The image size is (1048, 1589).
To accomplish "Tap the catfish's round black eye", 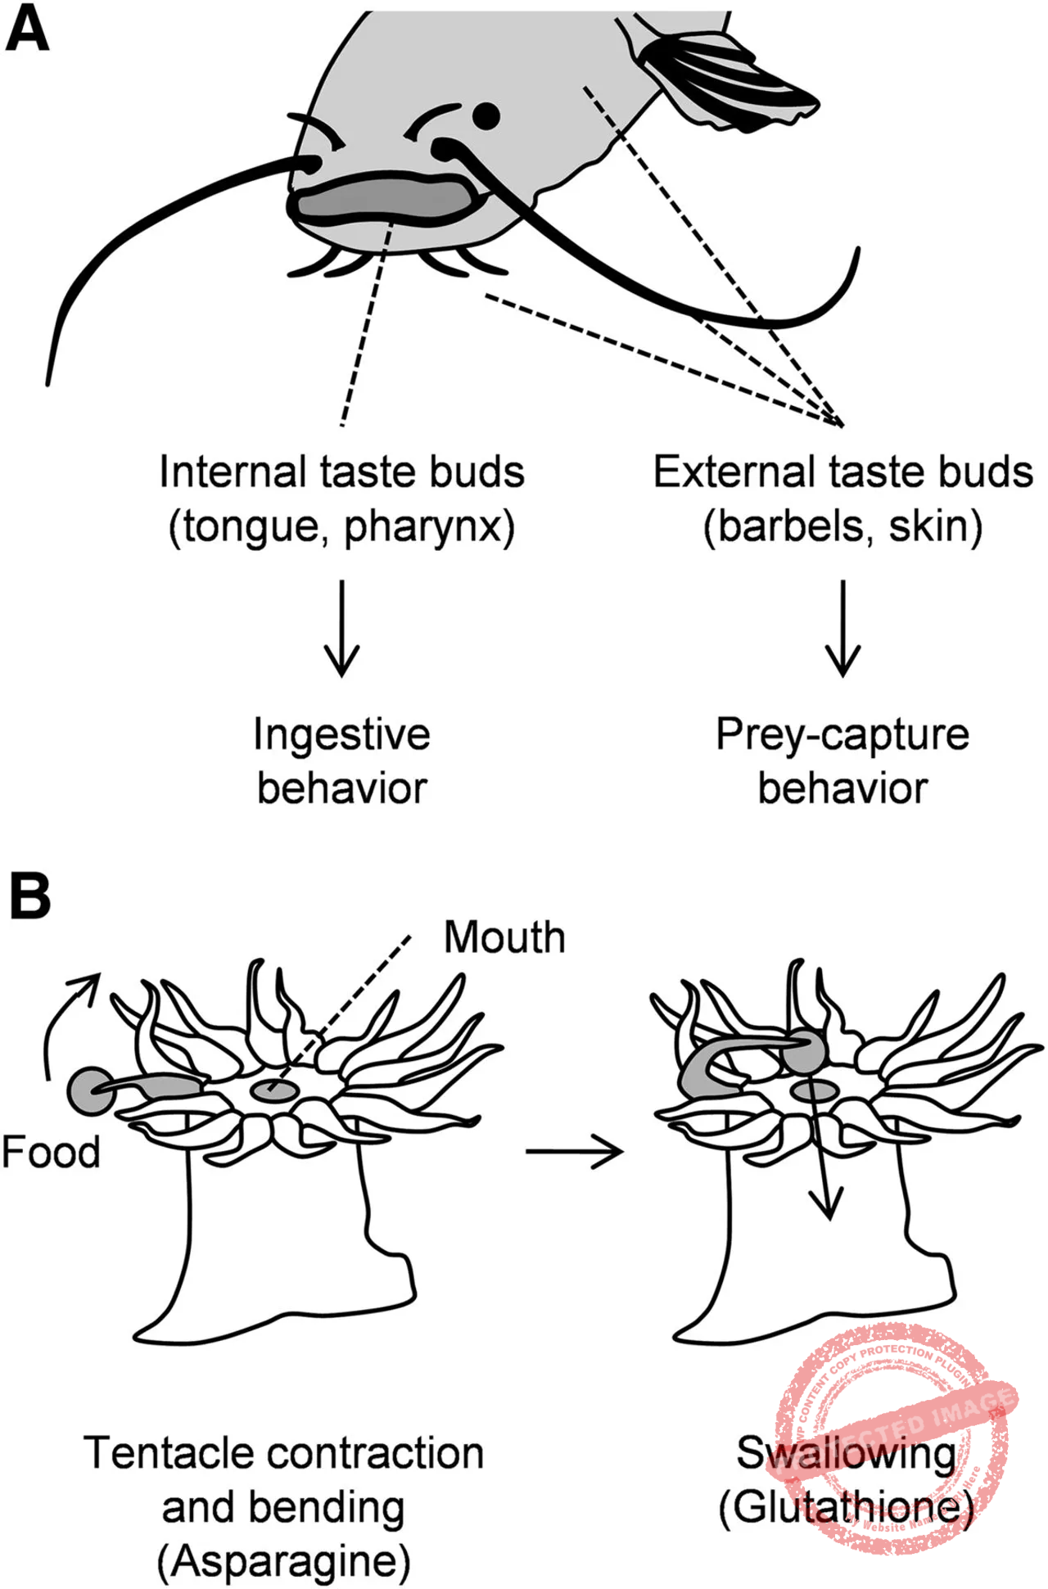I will coord(486,116).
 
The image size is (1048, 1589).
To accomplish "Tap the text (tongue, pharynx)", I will coord(341,526).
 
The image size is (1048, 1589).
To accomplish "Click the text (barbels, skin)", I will coord(842,526).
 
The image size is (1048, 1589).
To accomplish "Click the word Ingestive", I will coord(341,734).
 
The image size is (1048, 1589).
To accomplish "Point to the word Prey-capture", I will coord(842,734).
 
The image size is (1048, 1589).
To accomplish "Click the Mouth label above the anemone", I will coord(504,937).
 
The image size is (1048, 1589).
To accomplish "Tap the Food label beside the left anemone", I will coord(51,1152).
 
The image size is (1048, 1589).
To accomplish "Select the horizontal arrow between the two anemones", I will coord(574,1152).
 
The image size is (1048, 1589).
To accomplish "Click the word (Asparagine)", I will coord(283,1561).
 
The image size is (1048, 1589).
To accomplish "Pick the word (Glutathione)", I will coord(846,1507).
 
